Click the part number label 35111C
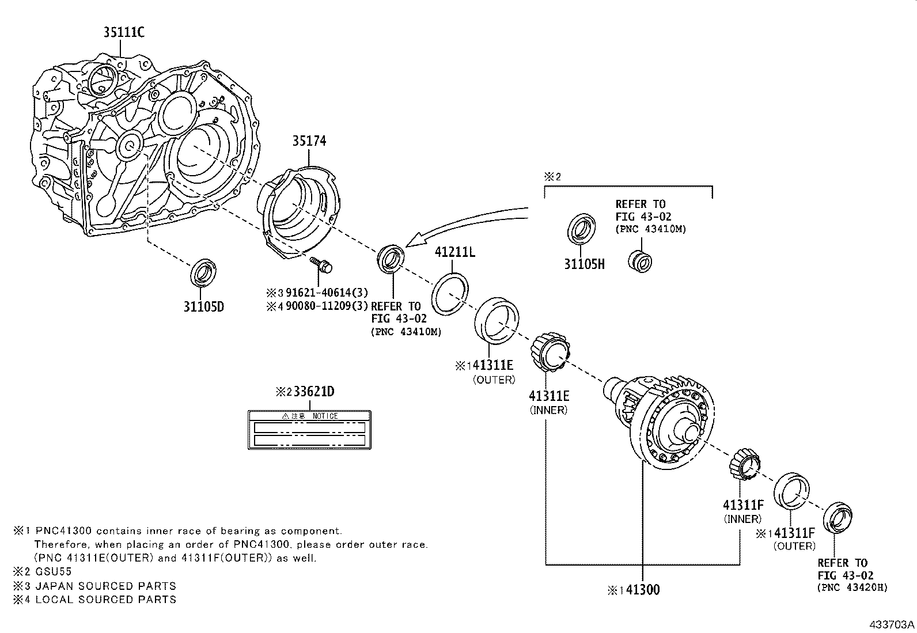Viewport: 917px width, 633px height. click(124, 33)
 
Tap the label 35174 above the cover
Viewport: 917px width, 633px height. click(309, 141)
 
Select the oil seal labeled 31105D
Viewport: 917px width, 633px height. click(203, 272)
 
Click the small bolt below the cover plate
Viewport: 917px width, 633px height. click(323, 265)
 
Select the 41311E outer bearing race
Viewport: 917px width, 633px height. click(496, 320)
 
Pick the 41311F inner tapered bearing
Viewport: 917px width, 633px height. click(745, 462)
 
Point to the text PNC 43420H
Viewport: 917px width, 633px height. click(852, 587)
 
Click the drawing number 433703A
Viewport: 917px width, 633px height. click(892, 624)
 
